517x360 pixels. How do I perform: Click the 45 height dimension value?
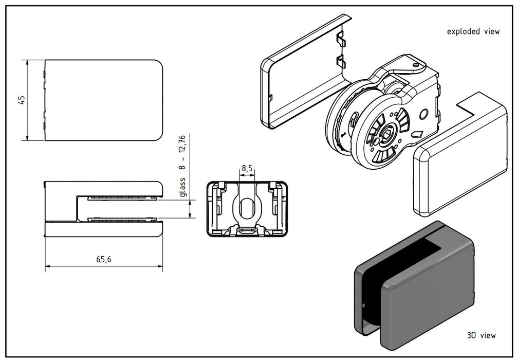[x=22, y=100]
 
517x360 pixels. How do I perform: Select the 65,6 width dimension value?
[x=103, y=260]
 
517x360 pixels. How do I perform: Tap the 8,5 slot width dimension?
[x=247, y=168]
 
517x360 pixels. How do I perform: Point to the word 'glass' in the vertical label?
[x=182, y=187]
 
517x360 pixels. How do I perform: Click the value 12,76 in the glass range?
[x=182, y=145]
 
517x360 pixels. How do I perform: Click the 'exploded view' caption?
[x=473, y=32]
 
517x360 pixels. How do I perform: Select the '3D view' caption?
[x=481, y=335]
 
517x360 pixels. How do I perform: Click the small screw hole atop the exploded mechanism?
[x=415, y=65]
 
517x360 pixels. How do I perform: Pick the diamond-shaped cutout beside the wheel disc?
[x=417, y=135]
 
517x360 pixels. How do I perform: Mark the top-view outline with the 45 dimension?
[x=103, y=100]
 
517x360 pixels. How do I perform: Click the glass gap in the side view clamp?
[x=121, y=209]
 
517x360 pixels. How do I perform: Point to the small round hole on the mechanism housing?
[x=423, y=114]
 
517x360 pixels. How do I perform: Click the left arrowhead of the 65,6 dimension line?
[x=47, y=266]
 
